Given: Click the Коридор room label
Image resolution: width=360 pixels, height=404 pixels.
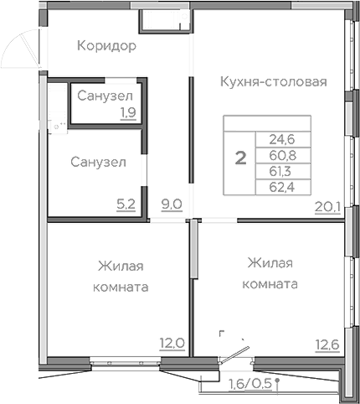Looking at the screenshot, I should click(105, 44).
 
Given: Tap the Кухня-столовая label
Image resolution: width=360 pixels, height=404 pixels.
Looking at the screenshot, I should click(272, 81).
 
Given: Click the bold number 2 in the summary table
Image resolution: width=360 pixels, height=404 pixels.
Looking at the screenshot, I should click(240, 157).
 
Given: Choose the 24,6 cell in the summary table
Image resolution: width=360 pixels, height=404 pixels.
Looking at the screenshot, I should click(282, 139).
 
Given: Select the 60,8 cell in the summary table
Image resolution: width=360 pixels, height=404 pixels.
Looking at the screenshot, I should click(282, 154).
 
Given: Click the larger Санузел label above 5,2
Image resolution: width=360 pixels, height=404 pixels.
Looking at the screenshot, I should click(98, 162).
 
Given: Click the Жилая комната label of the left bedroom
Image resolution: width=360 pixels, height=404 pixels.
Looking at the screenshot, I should click(121, 276).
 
